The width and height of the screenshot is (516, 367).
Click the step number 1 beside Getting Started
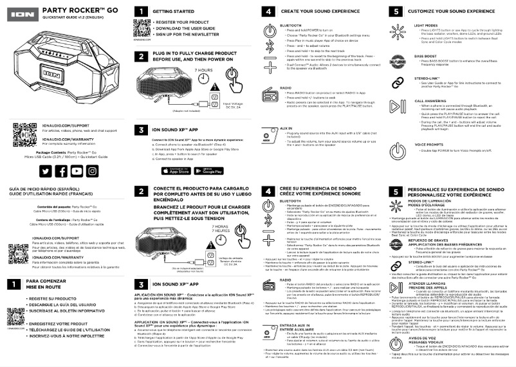[140, 12]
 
